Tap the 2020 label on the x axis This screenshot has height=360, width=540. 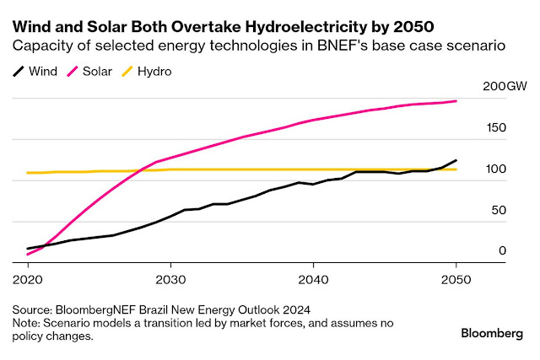(x=28, y=278)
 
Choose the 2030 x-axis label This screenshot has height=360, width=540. (x=170, y=278)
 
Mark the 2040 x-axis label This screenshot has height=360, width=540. (x=313, y=278)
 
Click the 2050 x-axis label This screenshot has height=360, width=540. (x=456, y=278)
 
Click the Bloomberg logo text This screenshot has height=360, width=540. (x=492, y=333)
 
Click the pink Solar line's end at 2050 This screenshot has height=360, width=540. (x=456, y=101)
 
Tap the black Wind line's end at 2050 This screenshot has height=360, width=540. (x=456, y=160)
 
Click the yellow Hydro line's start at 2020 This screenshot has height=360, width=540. (x=28, y=173)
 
